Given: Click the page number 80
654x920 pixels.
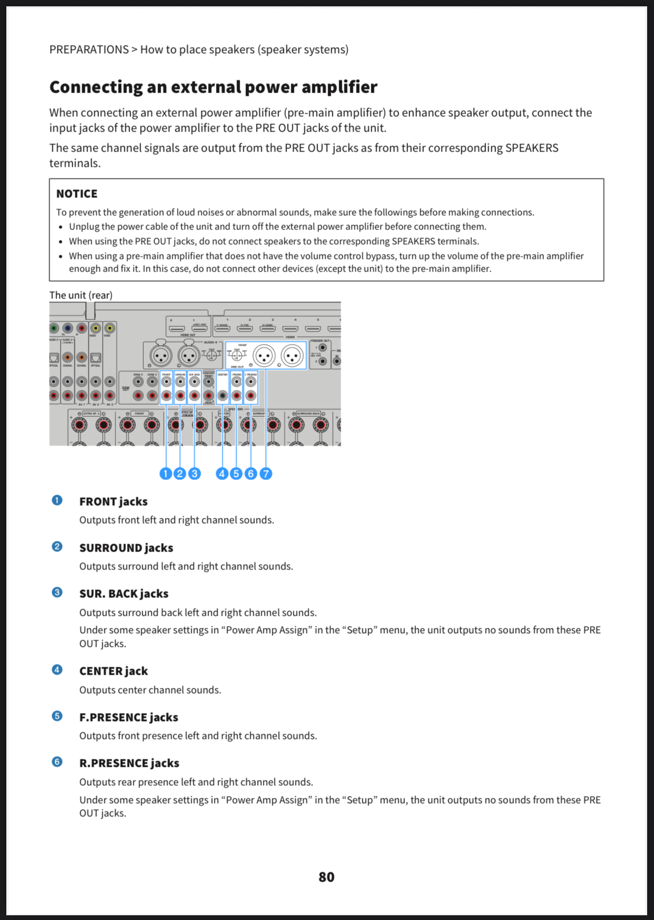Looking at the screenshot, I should (x=326, y=877).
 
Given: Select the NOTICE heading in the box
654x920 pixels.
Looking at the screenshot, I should (x=77, y=194).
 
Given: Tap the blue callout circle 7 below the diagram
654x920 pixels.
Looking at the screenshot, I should (x=266, y=474).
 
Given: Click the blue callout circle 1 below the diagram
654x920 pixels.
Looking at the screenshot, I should (x=165, y=474).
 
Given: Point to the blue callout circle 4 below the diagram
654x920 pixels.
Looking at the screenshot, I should (x=222, y=474).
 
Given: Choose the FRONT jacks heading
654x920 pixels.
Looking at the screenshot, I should (x=113, y=502).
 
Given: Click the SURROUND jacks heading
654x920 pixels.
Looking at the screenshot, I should (x=126, y=548).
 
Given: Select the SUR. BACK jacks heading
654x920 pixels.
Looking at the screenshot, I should (x=124, y=594).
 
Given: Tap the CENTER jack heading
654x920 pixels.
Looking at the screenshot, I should (x=113, y=671).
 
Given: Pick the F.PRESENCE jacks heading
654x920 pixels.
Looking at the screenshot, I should (x=128, y=717).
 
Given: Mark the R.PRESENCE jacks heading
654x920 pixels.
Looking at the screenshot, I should (x=129, y=763).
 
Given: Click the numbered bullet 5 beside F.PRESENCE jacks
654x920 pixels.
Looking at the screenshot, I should (x=57, y=716).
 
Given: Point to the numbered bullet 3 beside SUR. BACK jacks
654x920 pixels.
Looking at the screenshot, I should (x=57, y=592).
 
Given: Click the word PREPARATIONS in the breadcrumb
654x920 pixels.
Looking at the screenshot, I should (x=89, y=49).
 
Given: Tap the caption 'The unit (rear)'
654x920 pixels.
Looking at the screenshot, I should (x=81, y=295).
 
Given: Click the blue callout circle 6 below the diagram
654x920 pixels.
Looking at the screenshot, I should (x=251, y=474).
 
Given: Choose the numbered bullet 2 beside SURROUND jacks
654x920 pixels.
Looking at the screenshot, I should (x=57, y=546).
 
